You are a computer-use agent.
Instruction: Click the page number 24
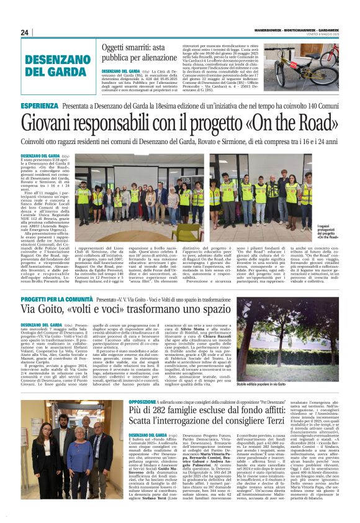coord(25,32)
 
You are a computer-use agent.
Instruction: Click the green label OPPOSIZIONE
coord(145,402)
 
